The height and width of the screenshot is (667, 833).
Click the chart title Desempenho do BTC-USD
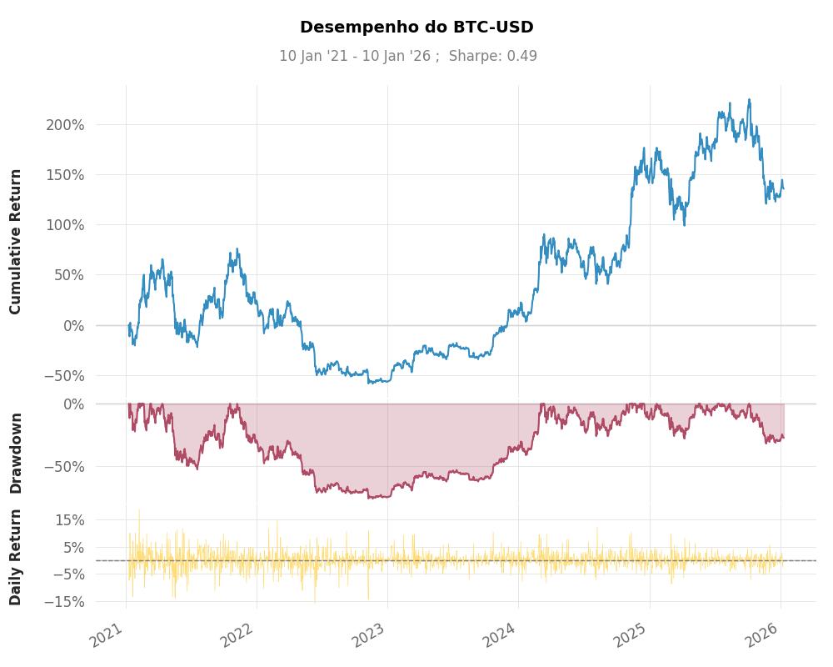click(416, 28)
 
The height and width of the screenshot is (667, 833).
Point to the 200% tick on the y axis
click(64, 125)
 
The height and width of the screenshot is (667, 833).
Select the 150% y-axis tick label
click(64, 175)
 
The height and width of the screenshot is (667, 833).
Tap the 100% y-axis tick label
click(64, 225)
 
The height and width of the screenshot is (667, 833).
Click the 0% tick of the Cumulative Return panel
click(73, 326)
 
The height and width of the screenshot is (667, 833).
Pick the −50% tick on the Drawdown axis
click(64, 466)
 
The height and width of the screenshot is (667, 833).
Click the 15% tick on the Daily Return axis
click(69, 520)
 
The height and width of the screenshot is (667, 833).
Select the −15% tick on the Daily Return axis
click(64, 601)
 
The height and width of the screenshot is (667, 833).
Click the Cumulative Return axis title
click(16, 242)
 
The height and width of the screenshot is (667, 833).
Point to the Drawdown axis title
click(16, 453)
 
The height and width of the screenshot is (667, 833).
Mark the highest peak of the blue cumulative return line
click(749, 100)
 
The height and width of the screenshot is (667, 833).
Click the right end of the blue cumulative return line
click(783, 188)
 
